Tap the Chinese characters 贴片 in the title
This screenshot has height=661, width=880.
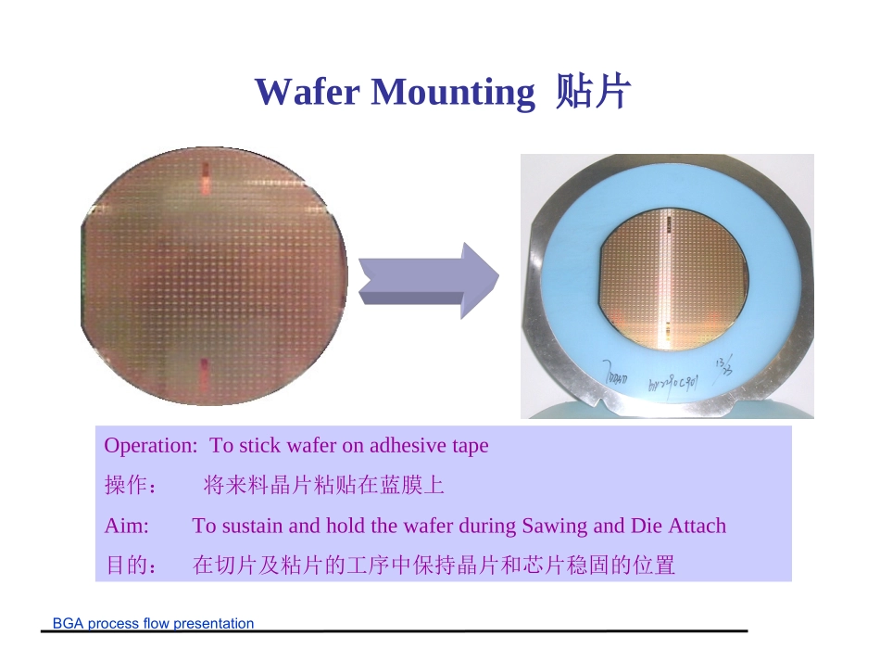click(x=593, y=92)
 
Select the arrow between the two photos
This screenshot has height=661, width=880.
click(x=428, y=281)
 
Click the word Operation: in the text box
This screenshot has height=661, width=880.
click(x=150, y=446)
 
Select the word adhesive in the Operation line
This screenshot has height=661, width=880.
click(x=408, y=446)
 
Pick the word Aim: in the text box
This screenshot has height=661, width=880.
click(x=126, y=527)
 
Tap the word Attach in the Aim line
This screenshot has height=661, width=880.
click(x=698, y=527)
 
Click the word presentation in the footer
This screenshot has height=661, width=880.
click(x=213, y=624)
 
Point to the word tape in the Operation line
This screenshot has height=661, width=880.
click(x=469, y=446)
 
